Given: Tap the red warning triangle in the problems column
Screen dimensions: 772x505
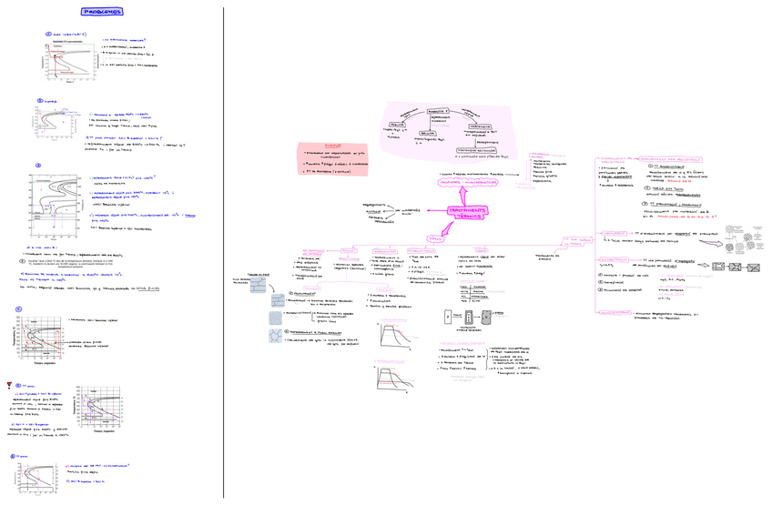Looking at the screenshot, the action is [8, 384].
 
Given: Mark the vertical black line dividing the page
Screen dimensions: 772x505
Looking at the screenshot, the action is [224, 252].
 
